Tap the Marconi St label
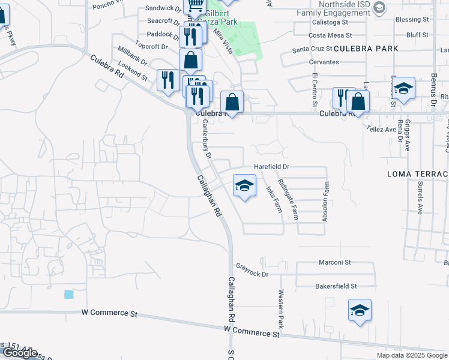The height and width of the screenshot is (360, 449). [335, 262]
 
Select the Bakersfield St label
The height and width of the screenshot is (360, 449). [336, 286]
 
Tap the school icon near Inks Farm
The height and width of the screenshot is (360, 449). [244, 186]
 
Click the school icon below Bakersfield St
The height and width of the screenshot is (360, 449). [360, 311]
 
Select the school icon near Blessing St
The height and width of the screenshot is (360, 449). [405, 89]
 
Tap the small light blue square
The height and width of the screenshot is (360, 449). [69, 295]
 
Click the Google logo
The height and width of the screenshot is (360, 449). [20, 353]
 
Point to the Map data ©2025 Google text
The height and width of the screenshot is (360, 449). [411, 355]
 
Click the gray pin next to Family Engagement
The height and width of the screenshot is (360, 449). [379, 8]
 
